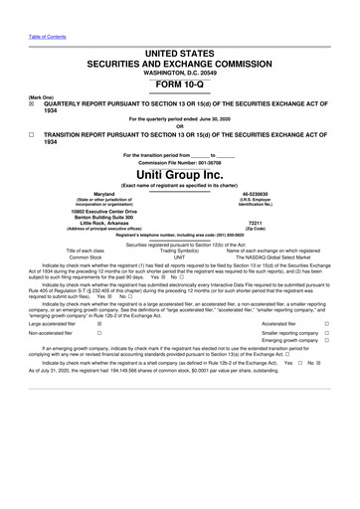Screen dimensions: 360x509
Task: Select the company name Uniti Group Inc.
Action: tap(179, 175)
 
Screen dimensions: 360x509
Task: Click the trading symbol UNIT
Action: tap(179, 256)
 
